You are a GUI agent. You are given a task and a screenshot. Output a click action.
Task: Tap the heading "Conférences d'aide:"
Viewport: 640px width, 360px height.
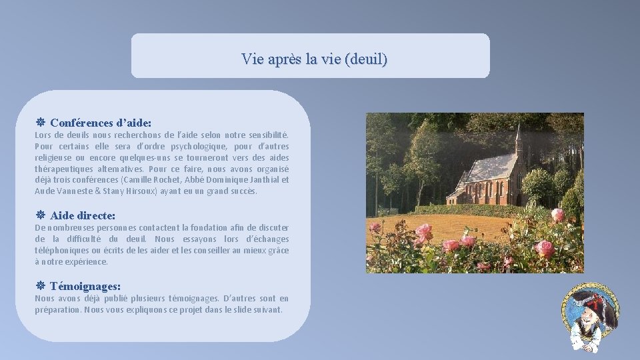click(x=101, y=123)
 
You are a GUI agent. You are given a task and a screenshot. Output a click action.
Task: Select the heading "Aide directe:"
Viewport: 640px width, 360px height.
click(x=83, y=215)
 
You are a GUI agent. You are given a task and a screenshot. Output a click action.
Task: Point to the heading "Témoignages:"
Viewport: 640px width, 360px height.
click(x=85, y=287)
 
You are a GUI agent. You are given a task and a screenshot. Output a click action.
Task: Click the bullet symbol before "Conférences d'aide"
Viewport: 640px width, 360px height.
click(x=40, y=123)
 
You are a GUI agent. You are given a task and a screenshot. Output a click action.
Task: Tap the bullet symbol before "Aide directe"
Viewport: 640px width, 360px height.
click(x=40, y=215)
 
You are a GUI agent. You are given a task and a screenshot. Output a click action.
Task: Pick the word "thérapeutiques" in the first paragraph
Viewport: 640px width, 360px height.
click(x=62, y=169)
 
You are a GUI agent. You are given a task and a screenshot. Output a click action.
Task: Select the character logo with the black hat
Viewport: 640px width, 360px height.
click(x=591, y=317)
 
